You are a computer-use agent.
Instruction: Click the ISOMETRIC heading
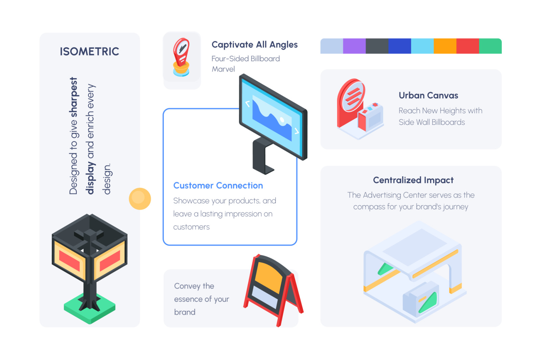tap(89, 51)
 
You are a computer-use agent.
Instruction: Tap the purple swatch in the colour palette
tap(354, 46)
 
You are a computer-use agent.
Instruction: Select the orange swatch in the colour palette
tap(445, 46)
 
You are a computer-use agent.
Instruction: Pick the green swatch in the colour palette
tap(491, 46)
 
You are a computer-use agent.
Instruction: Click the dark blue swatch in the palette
tap(400, 46)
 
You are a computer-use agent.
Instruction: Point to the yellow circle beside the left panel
tap(140, 199)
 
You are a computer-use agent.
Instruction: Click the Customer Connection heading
tap(218, 185)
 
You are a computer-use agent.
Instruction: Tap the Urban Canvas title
tap(428, 95)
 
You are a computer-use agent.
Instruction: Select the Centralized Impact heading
tap(413, 180)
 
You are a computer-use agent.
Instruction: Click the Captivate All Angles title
tap(255, 45)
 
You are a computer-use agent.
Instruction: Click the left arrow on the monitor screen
tap(247, 104)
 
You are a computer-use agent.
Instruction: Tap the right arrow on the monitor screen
tap(297, 131)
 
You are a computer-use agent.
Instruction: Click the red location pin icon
tap(181, 52)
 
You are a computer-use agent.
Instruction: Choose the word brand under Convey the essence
tap(185, 312)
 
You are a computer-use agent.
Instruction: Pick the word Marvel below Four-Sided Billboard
tap(223, 69)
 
